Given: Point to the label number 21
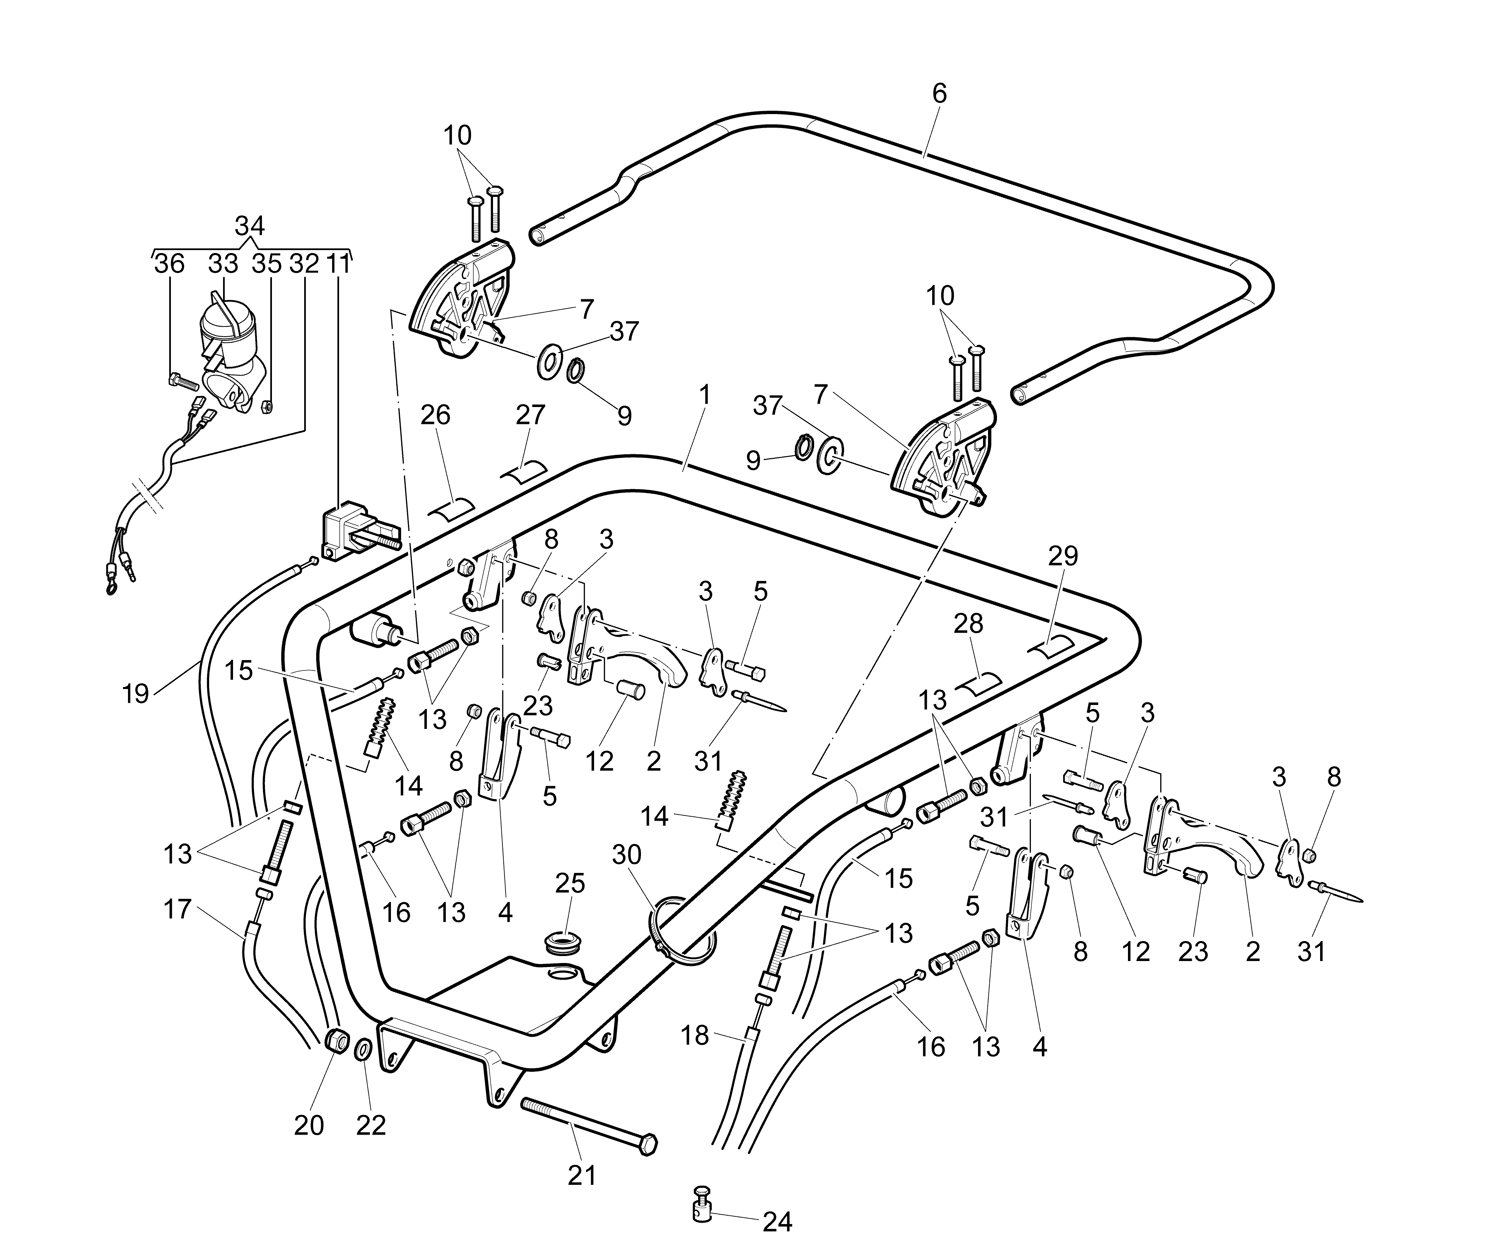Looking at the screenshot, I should tap(582, 1176).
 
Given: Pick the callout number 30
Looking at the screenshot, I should tap(626, 855).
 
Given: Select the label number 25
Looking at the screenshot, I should tap(570, 883).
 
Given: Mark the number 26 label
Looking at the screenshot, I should tap(435, 415).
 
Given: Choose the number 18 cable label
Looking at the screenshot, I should tap(694, 1035).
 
